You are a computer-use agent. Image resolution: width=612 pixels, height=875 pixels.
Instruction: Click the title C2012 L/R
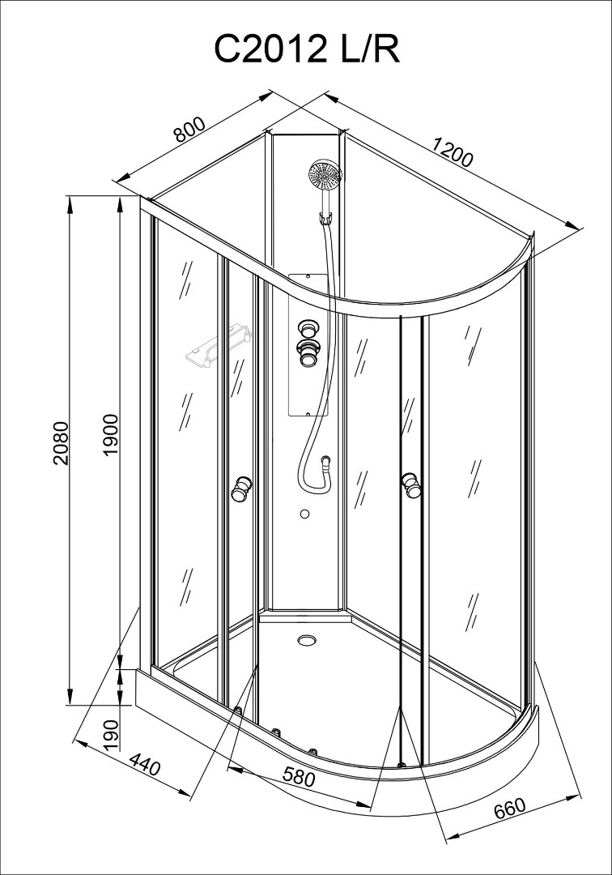pyautogui.click(x=307, y=51)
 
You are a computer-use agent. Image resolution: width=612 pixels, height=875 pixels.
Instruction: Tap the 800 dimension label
pyautogui.click(x=190, y=129)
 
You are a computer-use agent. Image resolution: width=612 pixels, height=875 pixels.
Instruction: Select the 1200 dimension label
pyautogui.click(x=453, y=152)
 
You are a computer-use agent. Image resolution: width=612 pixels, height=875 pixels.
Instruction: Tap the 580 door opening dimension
pyautogui.click(x=299, y=776)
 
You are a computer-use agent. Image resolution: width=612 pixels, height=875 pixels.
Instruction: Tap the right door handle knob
pyautogui.click(x=410, y=483)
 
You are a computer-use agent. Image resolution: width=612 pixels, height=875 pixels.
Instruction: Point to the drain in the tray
pyautogui.click(x=306, y=640)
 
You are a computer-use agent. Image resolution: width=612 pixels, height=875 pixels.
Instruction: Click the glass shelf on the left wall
pyautogui.click(x=218, y=348)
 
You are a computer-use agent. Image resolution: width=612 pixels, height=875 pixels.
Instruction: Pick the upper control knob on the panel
pyautogui.click(x=307, y=327)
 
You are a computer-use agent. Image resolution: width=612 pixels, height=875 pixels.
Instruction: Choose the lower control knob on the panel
pyautogui.click(x=307, y=352)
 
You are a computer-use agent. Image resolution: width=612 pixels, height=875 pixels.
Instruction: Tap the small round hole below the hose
pyautogui.click(x=304, y=514)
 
